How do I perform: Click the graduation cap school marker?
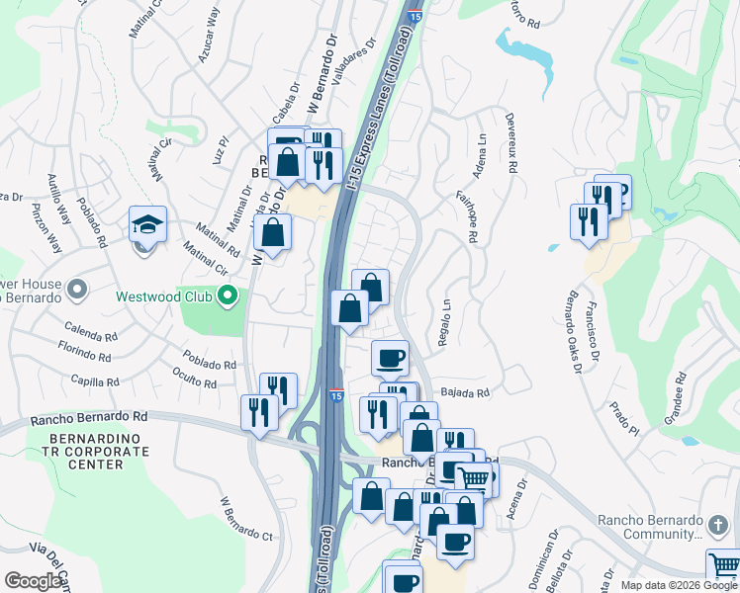(x=147, y=225)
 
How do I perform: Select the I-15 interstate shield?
(x=336, y=395)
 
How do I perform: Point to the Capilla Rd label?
(x=95, y=380)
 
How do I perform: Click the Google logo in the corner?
(x=34, y=581)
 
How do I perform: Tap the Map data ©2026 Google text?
(x=679, y=585)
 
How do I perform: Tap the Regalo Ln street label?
(x=445, y=322)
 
